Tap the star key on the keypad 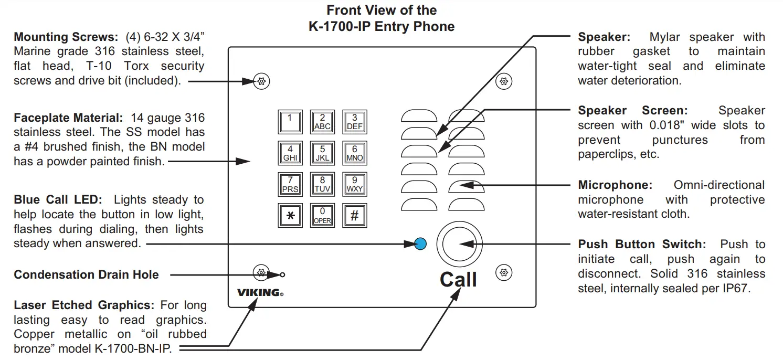coord(290,216)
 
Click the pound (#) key coord(354,216)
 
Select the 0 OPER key coord(322,216)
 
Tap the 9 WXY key coord(354,184)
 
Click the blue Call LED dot coord(420,243)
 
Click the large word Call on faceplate coord(458,280)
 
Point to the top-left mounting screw coord(261,81)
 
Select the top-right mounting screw coord(504,81)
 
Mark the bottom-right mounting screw coord(504,272)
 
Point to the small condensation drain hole coord(283,274)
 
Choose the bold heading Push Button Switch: coord(642,244)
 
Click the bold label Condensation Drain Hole coord(86,274)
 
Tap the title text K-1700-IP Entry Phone coord(382,26)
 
